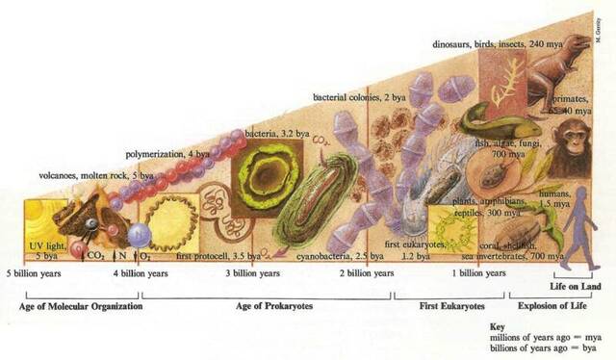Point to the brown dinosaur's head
[x=576, y=46]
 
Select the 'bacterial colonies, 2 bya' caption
[x=358, y=97]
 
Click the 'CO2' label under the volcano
[x=96, y=256]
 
